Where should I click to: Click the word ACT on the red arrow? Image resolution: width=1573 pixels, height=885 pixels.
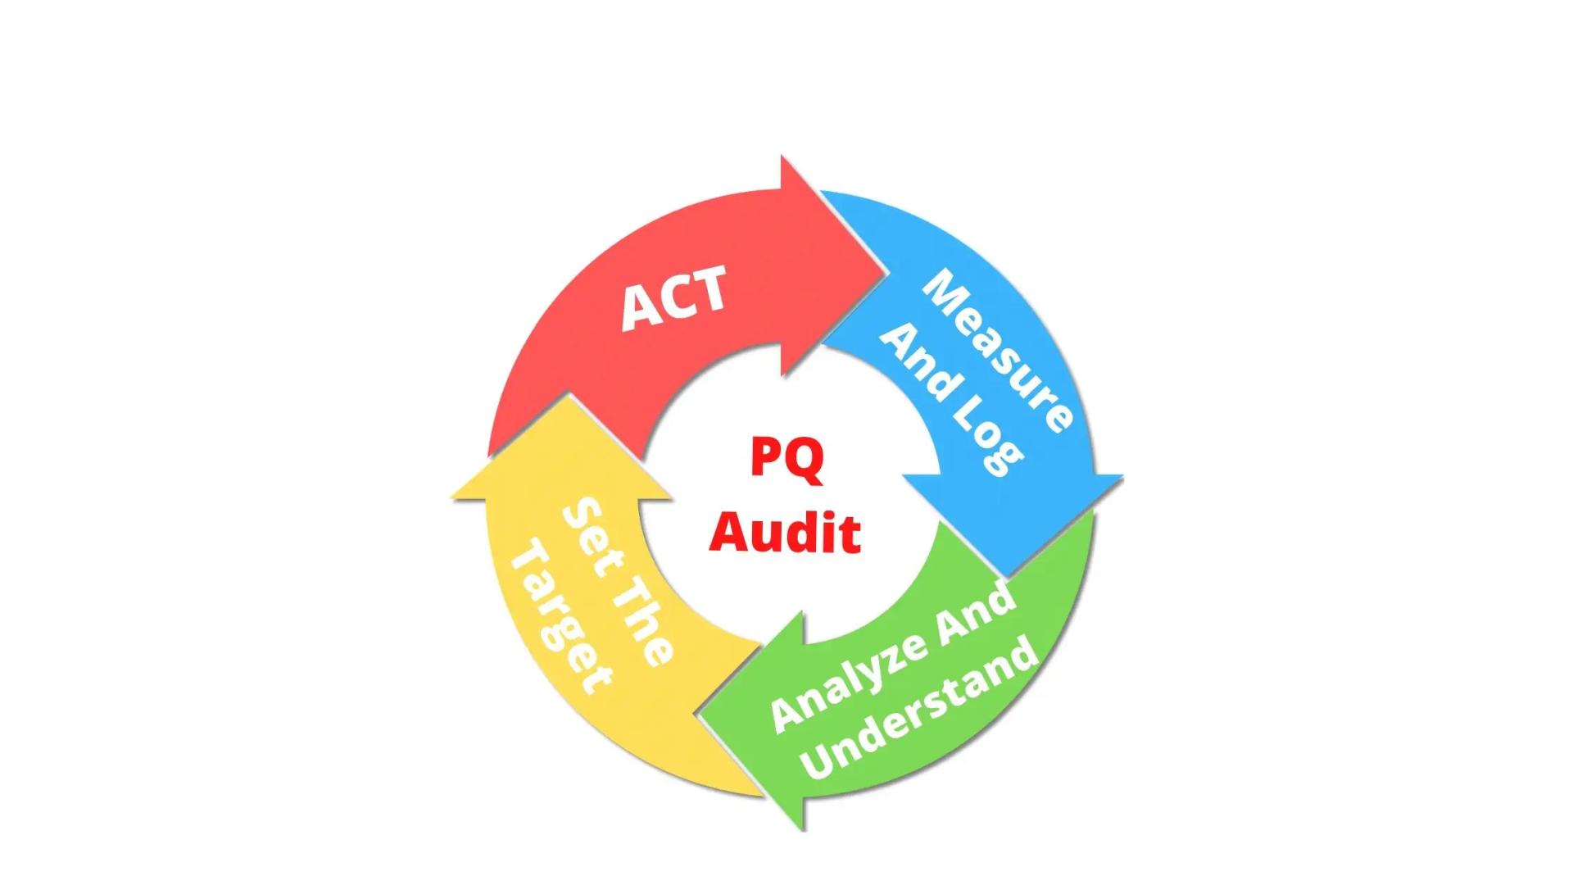(673, 297)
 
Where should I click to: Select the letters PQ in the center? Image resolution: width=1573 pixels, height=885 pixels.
(786, 459)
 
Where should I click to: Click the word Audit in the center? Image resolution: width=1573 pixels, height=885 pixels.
(785, 533)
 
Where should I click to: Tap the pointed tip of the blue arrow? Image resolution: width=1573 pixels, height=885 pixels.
(1009, 574)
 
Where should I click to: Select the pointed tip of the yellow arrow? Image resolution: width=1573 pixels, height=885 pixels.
(567, 397)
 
